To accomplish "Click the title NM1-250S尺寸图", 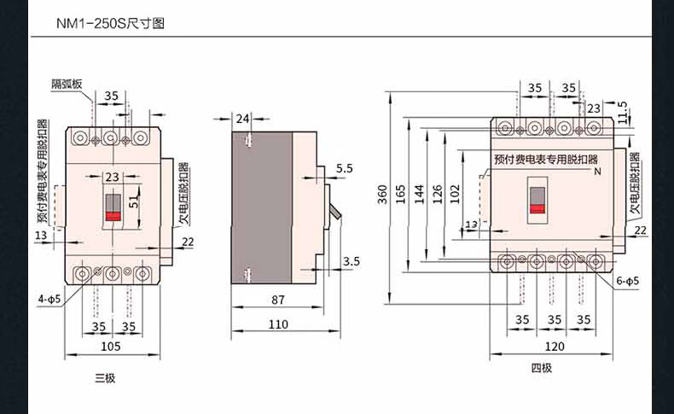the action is coord(110,23).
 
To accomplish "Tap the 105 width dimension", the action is coord(110,346).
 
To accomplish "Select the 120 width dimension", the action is coord(555,346).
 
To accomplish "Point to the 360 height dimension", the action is coord(382,195).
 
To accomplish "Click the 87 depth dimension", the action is coord(278,300).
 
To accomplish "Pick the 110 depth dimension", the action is coord(278,324).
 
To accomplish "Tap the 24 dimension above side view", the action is coord(243,118).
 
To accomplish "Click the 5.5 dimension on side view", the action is coord(345,168).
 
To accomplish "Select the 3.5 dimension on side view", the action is coord(352,261).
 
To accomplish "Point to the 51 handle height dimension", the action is coord(135,201).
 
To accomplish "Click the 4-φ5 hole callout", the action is coord(49,299).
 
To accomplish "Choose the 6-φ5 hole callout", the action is coord(628,281).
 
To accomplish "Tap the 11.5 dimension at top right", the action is coord(622,112).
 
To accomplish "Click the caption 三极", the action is coord(105,378).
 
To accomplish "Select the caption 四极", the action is coord(542,368).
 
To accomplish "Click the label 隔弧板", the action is coord(67,84).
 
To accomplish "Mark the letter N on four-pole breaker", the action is coord(597,172).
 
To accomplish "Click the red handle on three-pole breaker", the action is coord(113,216).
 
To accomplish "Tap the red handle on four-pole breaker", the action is coord(537,208).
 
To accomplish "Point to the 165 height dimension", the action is coord(400,195).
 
